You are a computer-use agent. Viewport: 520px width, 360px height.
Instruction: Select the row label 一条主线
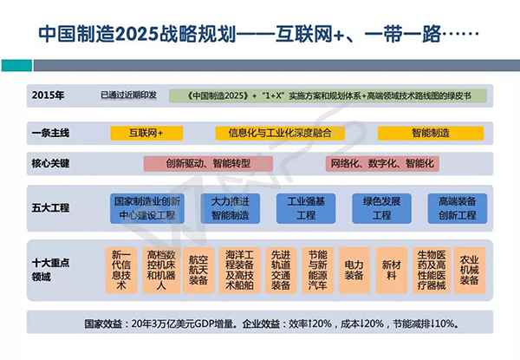pyautogui.click(x=49, y=133)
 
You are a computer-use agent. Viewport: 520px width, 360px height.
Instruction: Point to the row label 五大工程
pyautogui.click(x=49, y=208)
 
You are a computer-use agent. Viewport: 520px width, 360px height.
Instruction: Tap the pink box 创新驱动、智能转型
pyautogui.click(x=200, y=163)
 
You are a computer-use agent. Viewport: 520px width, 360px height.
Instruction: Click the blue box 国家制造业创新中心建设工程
pyautogui.click(x=146, y=208)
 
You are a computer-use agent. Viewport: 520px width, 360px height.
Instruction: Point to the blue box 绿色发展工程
pyautogui.click(x=378, y=208)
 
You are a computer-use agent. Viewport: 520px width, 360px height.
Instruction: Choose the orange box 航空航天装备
pyautogui.click(x=198, y=269)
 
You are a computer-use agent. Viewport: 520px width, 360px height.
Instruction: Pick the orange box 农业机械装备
pyautogui.click(x=469, y=269)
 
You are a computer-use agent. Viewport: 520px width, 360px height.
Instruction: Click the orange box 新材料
pyautogui.click(x=392, y=269)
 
